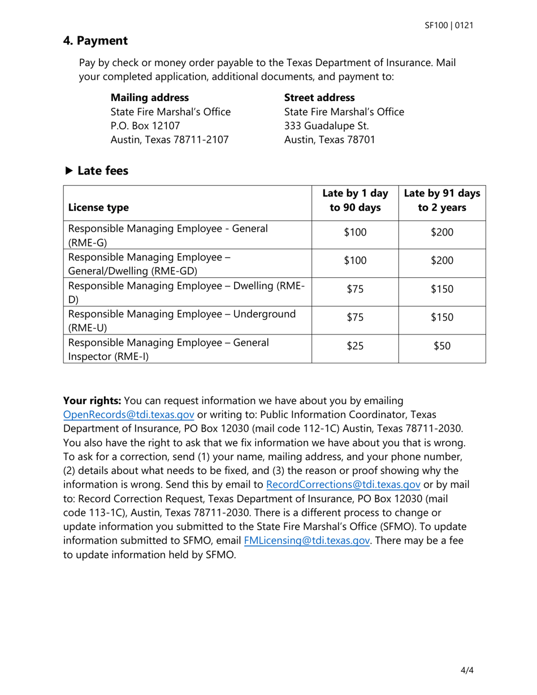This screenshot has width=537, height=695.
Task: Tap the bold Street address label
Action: [x=319, y=97]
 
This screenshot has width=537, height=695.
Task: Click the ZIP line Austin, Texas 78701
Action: [x=329, y=140]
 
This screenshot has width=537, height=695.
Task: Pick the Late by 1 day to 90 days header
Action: [x=355, y=200]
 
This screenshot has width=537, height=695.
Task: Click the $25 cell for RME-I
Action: [x=355, y=348]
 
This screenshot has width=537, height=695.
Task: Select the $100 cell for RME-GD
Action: [x=355, y=261]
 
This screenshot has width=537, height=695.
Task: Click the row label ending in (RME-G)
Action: [x=167, y=235]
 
